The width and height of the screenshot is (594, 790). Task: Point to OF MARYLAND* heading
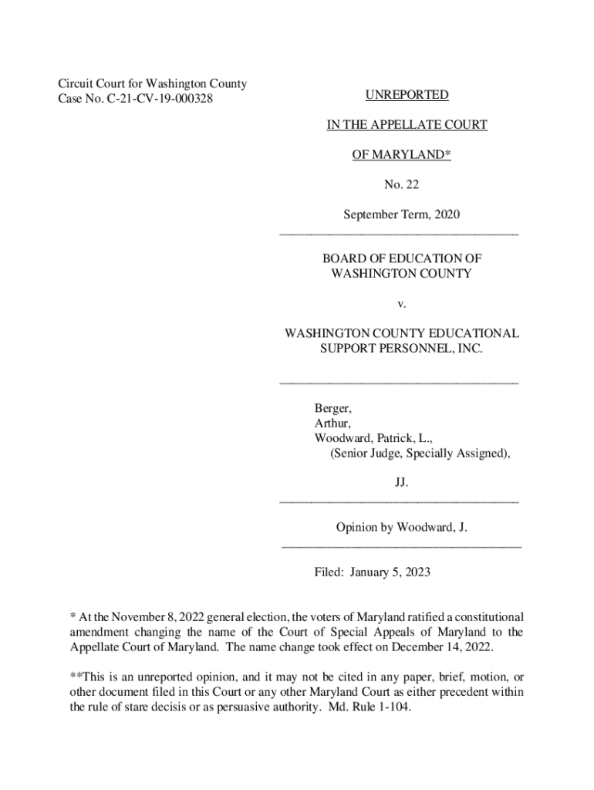[x=401, y=155]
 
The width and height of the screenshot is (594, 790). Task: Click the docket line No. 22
[x=401, y=185]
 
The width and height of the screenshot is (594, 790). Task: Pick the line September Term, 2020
[x=401, y=215]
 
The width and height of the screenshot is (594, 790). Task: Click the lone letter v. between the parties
[x=401, y=304]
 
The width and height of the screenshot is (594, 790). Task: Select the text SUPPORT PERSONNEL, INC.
[x=401, y=349]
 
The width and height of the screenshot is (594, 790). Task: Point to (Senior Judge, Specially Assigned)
[x=420, y=454]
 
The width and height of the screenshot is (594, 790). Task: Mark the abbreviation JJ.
[x=401, y=483]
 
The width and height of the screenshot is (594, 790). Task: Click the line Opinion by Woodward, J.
[x=401, y=528]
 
